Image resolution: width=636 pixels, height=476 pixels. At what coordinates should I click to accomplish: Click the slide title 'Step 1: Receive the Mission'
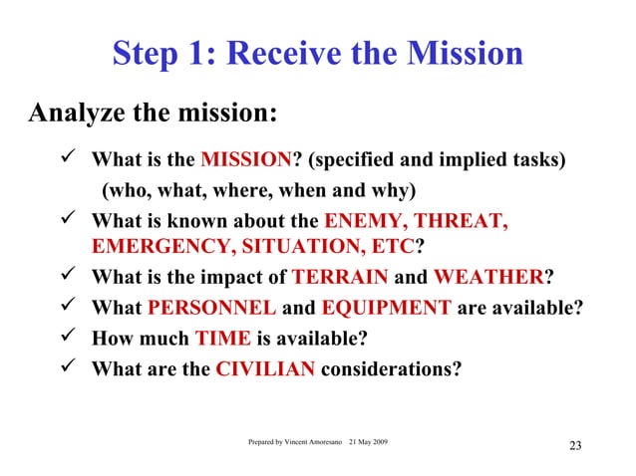click(x=317, y=53)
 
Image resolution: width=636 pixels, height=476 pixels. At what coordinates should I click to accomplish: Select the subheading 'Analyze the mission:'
click(x=153, y=112)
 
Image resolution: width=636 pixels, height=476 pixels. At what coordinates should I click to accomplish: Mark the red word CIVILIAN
click(x=266, y=367)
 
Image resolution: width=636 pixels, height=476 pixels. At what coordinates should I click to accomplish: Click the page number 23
click(x=574, y=445)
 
